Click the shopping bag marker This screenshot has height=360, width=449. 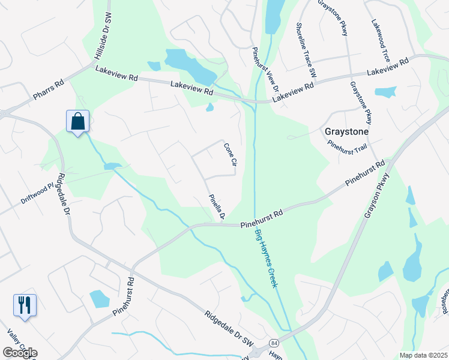[78, 122]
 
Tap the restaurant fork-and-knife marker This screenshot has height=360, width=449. [25, 305]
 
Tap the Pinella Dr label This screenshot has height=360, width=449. [216, 206]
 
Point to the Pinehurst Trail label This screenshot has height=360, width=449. [347, 144]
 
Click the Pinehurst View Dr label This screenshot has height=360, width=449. [265, 70]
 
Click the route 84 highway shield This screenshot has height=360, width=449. [274, 343]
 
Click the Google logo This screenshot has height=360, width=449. [20, 353]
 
